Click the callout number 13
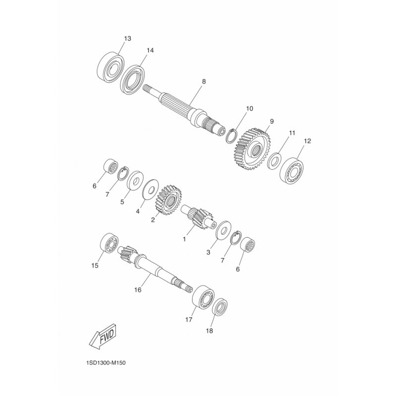coord(128,39)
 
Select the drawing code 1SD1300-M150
coord(106,363)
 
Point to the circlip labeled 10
coord(231,136)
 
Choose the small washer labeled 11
coord(275,161)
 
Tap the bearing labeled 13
coord(111,67)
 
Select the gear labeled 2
coord(168,200)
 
